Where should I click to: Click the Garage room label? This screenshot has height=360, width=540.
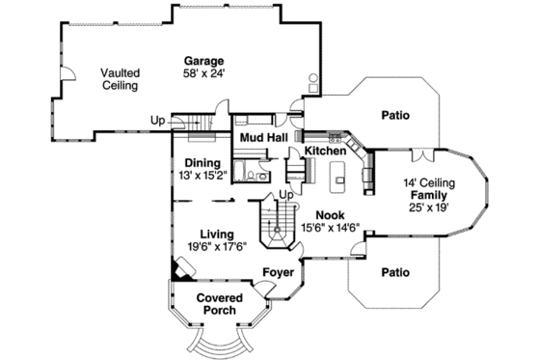[203, 61]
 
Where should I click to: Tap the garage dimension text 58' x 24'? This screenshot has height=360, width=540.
[203, 73]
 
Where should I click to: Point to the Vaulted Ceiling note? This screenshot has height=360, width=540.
[120, 78]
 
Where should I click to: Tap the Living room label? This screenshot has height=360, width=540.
[217, 234]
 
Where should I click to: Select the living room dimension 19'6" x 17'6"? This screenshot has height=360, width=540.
[217, 247]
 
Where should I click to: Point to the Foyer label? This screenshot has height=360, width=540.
[278, 273]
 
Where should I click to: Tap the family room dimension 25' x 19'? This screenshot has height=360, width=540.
[430, 208]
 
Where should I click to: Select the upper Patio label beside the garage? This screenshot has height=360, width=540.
[394, 115]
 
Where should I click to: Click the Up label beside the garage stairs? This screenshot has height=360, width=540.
[156, 121]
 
